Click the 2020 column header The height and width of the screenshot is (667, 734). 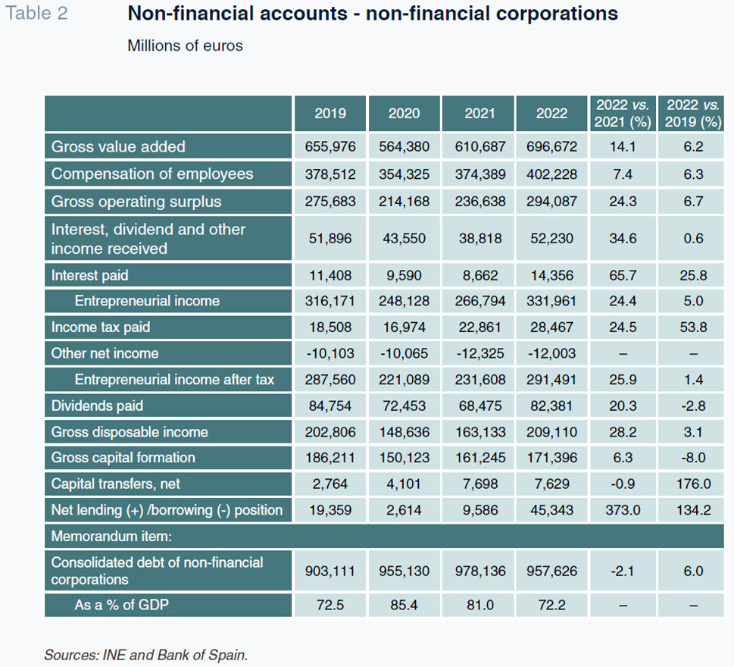click(404, 114)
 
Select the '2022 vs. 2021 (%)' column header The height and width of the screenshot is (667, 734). click(623, 114)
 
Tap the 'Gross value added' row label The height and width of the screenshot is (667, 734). click(118, 146)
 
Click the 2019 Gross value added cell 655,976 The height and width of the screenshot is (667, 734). click(330, 146)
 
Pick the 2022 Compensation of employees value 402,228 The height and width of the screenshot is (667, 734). click(551, 174)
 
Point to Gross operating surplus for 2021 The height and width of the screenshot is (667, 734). click(479, 202)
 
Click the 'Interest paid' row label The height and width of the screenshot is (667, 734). click(89, 275)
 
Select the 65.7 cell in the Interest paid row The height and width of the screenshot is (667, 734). click(623, 275)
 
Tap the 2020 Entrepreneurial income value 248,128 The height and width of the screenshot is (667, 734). click(404, 301)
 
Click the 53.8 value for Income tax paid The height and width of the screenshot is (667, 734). click(693, 327)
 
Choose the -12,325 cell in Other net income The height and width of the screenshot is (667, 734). click(479, 353)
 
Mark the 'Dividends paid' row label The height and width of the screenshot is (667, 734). click(97, 406)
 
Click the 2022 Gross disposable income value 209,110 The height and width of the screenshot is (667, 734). click(551, 432)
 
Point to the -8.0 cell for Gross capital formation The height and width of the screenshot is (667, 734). click(693, 458)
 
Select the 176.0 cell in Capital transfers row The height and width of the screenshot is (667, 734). click(693, 484)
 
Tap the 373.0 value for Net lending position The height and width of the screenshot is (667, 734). click(623, 509)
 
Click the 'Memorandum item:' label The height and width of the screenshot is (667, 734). click(111, 537)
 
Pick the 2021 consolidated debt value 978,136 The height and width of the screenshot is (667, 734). click(479, 571)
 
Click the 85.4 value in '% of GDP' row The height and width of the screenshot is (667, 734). click(404, 605)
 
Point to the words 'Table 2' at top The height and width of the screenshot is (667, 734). click(36, 13)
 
